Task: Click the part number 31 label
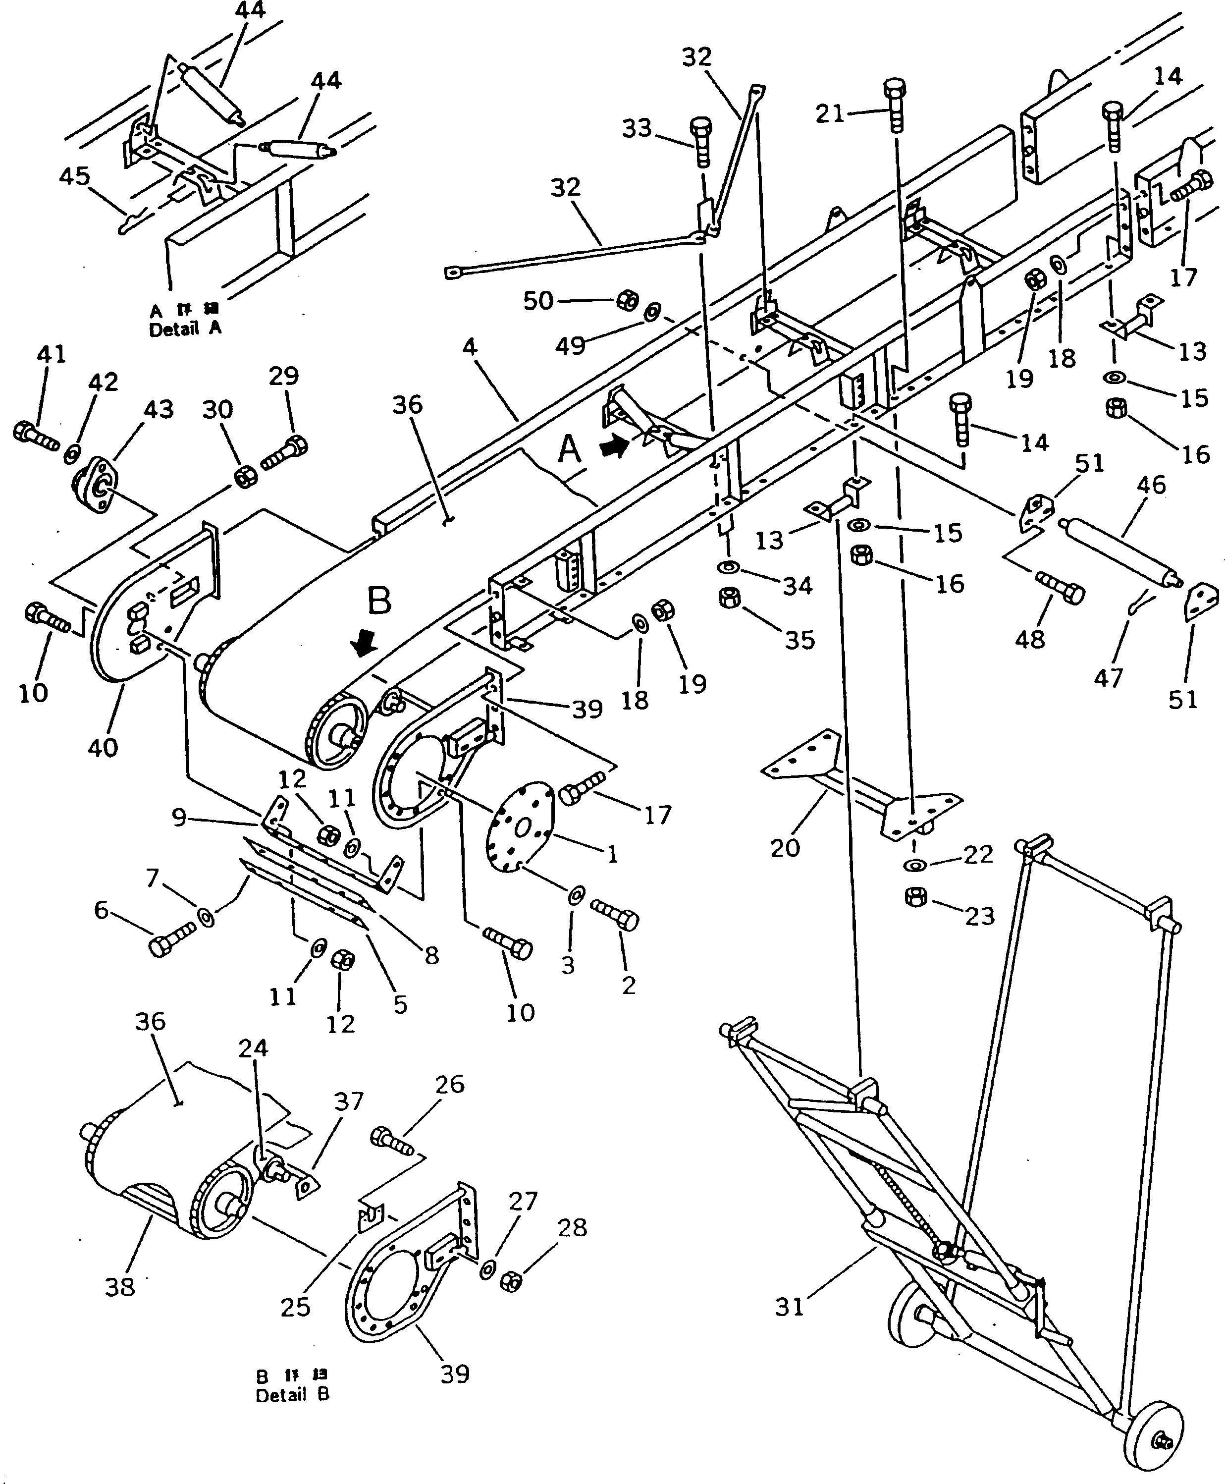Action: [x=790, y=1308]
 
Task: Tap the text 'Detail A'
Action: [x=185, y=329]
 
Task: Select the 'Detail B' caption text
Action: [x=292, y=1395]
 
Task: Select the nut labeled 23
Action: [x=916, y=898]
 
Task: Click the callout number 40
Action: [x=103, y=747]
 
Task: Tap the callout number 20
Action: [x=785, y=847]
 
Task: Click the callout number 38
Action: [x=119, y=1287]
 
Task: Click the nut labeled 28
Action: [x=510, y=1281]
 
